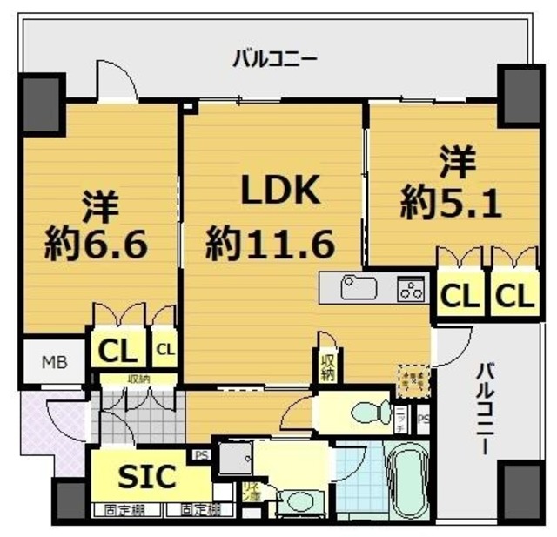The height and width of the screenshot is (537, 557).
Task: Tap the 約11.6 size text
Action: point(270,245)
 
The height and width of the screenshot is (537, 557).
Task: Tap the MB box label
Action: point(52,360)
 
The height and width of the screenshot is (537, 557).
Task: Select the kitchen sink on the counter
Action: point(356,287)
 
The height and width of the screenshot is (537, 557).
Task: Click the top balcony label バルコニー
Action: point(274,59)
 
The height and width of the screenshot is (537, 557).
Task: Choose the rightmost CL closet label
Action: point(513,296)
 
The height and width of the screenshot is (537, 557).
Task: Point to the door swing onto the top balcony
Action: point(116,84)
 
